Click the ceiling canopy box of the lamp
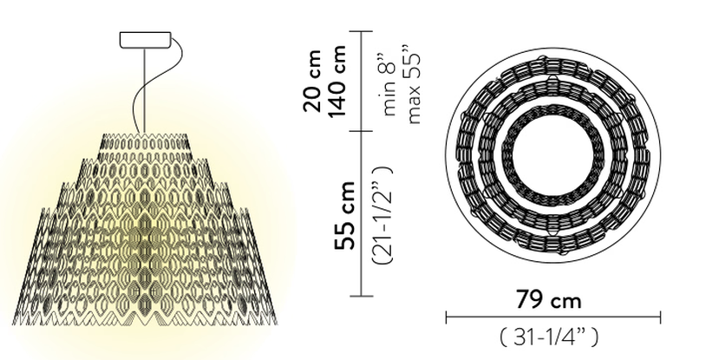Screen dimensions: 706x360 point(146,39)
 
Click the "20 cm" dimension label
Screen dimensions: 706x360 point(313,81)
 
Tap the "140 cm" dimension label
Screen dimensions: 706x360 point(337,81)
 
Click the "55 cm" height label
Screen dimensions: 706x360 point(345,215)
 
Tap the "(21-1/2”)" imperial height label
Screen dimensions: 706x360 point(382,214)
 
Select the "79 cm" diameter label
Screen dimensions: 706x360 point(548,299)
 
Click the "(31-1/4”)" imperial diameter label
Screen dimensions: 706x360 point(549,337)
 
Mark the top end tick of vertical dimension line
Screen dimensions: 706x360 point(362,31)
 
